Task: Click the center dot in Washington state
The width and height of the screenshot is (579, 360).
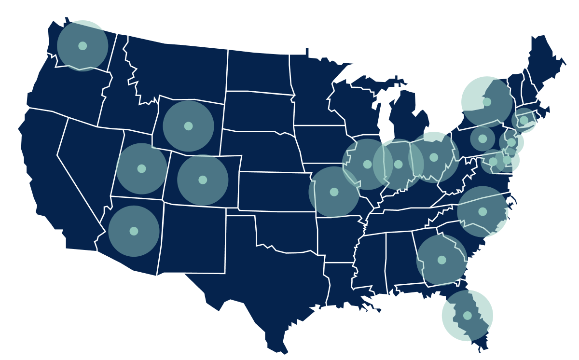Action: (83, 46)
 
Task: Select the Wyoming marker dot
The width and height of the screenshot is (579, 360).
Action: (188, 126)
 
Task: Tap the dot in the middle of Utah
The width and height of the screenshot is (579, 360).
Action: (141, 168)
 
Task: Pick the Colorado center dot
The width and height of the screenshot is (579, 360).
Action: (203, 180)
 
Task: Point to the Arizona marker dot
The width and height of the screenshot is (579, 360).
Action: (134, 231)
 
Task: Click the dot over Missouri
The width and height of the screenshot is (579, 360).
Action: (334, 192)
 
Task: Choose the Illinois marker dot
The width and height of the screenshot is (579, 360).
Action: (368, 165)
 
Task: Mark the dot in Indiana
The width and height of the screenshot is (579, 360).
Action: (398, 165)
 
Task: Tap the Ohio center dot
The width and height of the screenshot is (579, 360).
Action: (434, 157)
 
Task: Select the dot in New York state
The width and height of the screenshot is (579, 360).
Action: (487, 102)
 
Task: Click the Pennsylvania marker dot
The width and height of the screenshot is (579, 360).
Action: (482, 138)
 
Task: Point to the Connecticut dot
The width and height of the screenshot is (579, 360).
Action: (524, 120)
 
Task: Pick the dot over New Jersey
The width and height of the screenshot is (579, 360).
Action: (511, 142)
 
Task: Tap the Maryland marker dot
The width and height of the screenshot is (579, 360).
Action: (493, 162)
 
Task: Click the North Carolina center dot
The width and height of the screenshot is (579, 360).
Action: (482, 211)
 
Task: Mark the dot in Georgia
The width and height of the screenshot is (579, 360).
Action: (441, 260)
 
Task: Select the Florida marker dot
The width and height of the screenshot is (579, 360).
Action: (467, 316)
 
